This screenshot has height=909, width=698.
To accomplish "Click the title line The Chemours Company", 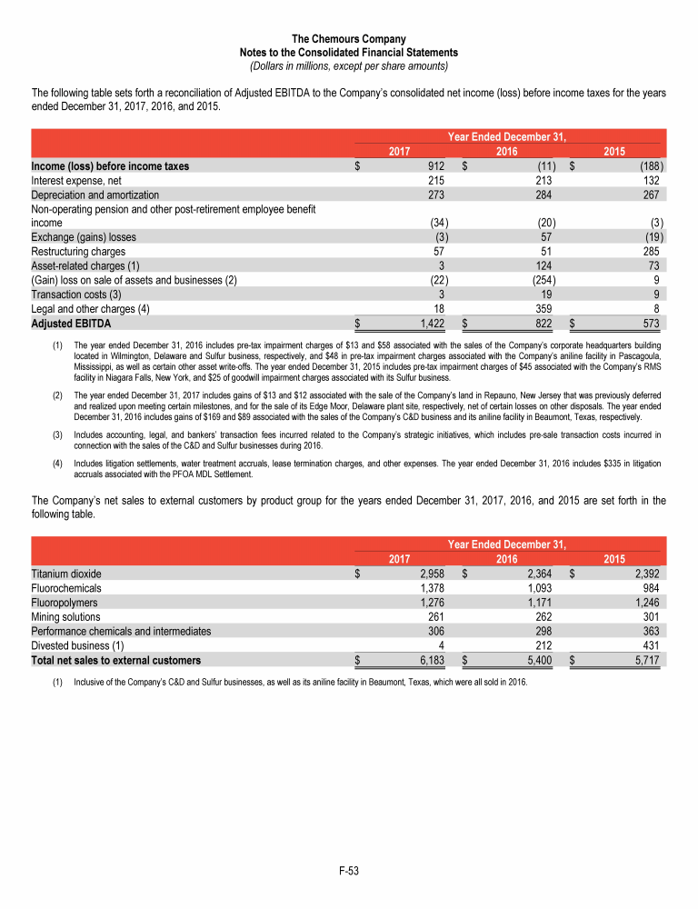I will (348, 39).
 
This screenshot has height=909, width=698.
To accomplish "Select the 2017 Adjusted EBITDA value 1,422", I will (426, 323).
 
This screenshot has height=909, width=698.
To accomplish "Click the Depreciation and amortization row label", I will (95, 195).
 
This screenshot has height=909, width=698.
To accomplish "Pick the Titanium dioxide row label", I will (66, 574).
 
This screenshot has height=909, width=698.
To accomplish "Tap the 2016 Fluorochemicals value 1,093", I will (539, 589).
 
